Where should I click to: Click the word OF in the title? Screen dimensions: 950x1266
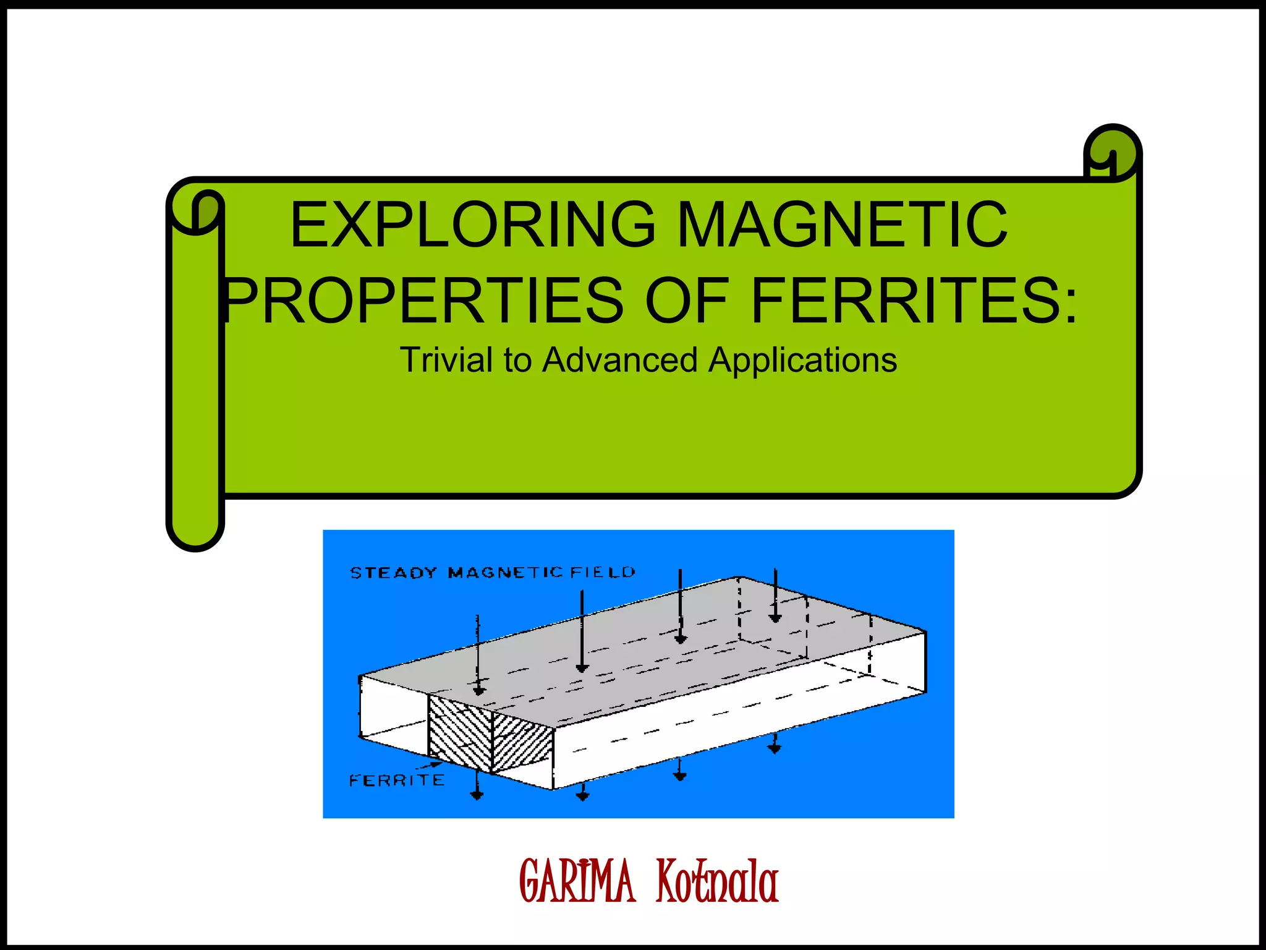[x=686, y=301]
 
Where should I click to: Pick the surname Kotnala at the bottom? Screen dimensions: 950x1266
[x=717, y=881]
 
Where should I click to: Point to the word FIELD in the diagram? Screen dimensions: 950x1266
[x=603, y=572]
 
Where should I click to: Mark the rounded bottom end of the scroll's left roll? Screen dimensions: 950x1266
[x=195, y=532]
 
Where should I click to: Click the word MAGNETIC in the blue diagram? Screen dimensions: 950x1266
[x=505, y=573]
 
